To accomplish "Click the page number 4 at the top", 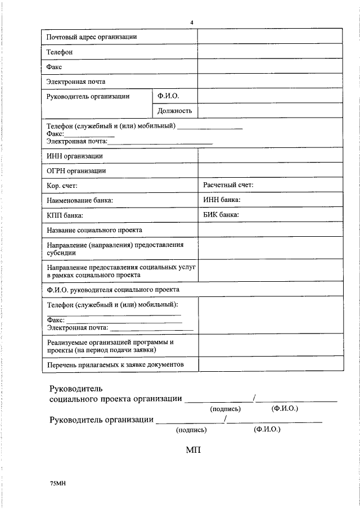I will pos(192,22).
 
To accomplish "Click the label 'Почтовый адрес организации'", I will pos(92,37).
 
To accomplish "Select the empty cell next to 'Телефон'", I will pos(269,51).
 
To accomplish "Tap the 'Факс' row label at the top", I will pos(54,66).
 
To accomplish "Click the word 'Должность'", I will pos(175,111).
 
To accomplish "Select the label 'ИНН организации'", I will pos(74,156).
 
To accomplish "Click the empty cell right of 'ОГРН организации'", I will pos(269,170).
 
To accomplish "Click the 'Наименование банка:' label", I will pos(79,200).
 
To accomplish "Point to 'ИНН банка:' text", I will pos(222,200).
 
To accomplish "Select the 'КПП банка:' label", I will pos(65,215).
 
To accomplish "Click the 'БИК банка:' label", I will pos(221,214).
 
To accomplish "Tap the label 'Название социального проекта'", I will pos(94,230).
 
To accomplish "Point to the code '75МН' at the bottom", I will pos(58,483).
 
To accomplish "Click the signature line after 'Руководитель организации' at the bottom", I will pos(189,421).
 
